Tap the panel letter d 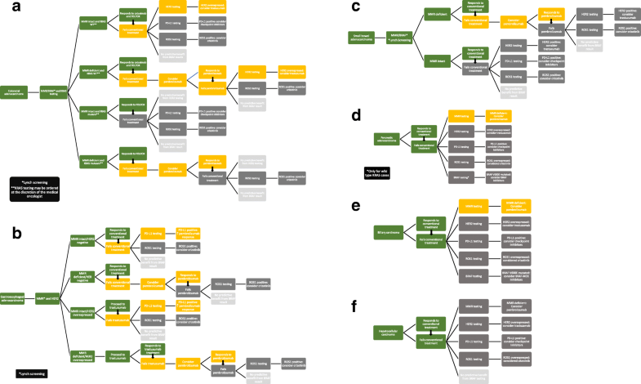point(334,114)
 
